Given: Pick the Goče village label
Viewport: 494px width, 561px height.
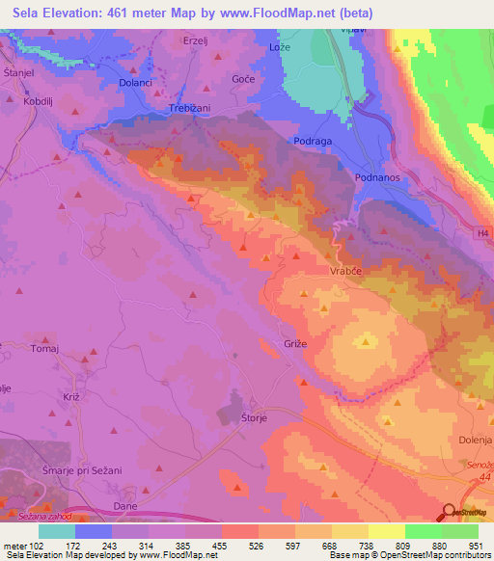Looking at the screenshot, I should [244, 77].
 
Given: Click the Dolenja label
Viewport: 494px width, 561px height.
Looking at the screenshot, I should [473, 441].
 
